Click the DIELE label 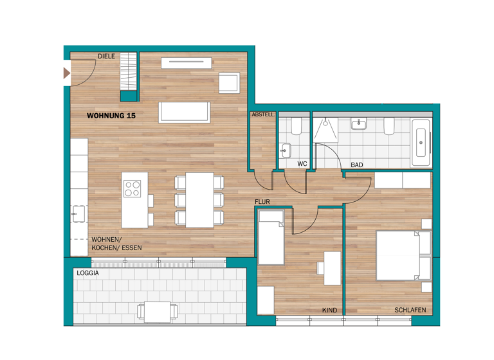pos(106,57)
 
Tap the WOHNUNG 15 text pos(111,116)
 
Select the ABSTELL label pos(263,114)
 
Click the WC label pos(302,165)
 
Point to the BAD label pos(357,165)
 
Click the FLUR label pos(262,202)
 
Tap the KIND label pos(329,310)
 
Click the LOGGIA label pos(87,273)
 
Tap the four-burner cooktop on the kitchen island pos(133,189)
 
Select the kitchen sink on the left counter pos(79,212)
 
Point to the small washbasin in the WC pos(286,150)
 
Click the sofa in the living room pos(184,112)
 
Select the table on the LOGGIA pos(158,312)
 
